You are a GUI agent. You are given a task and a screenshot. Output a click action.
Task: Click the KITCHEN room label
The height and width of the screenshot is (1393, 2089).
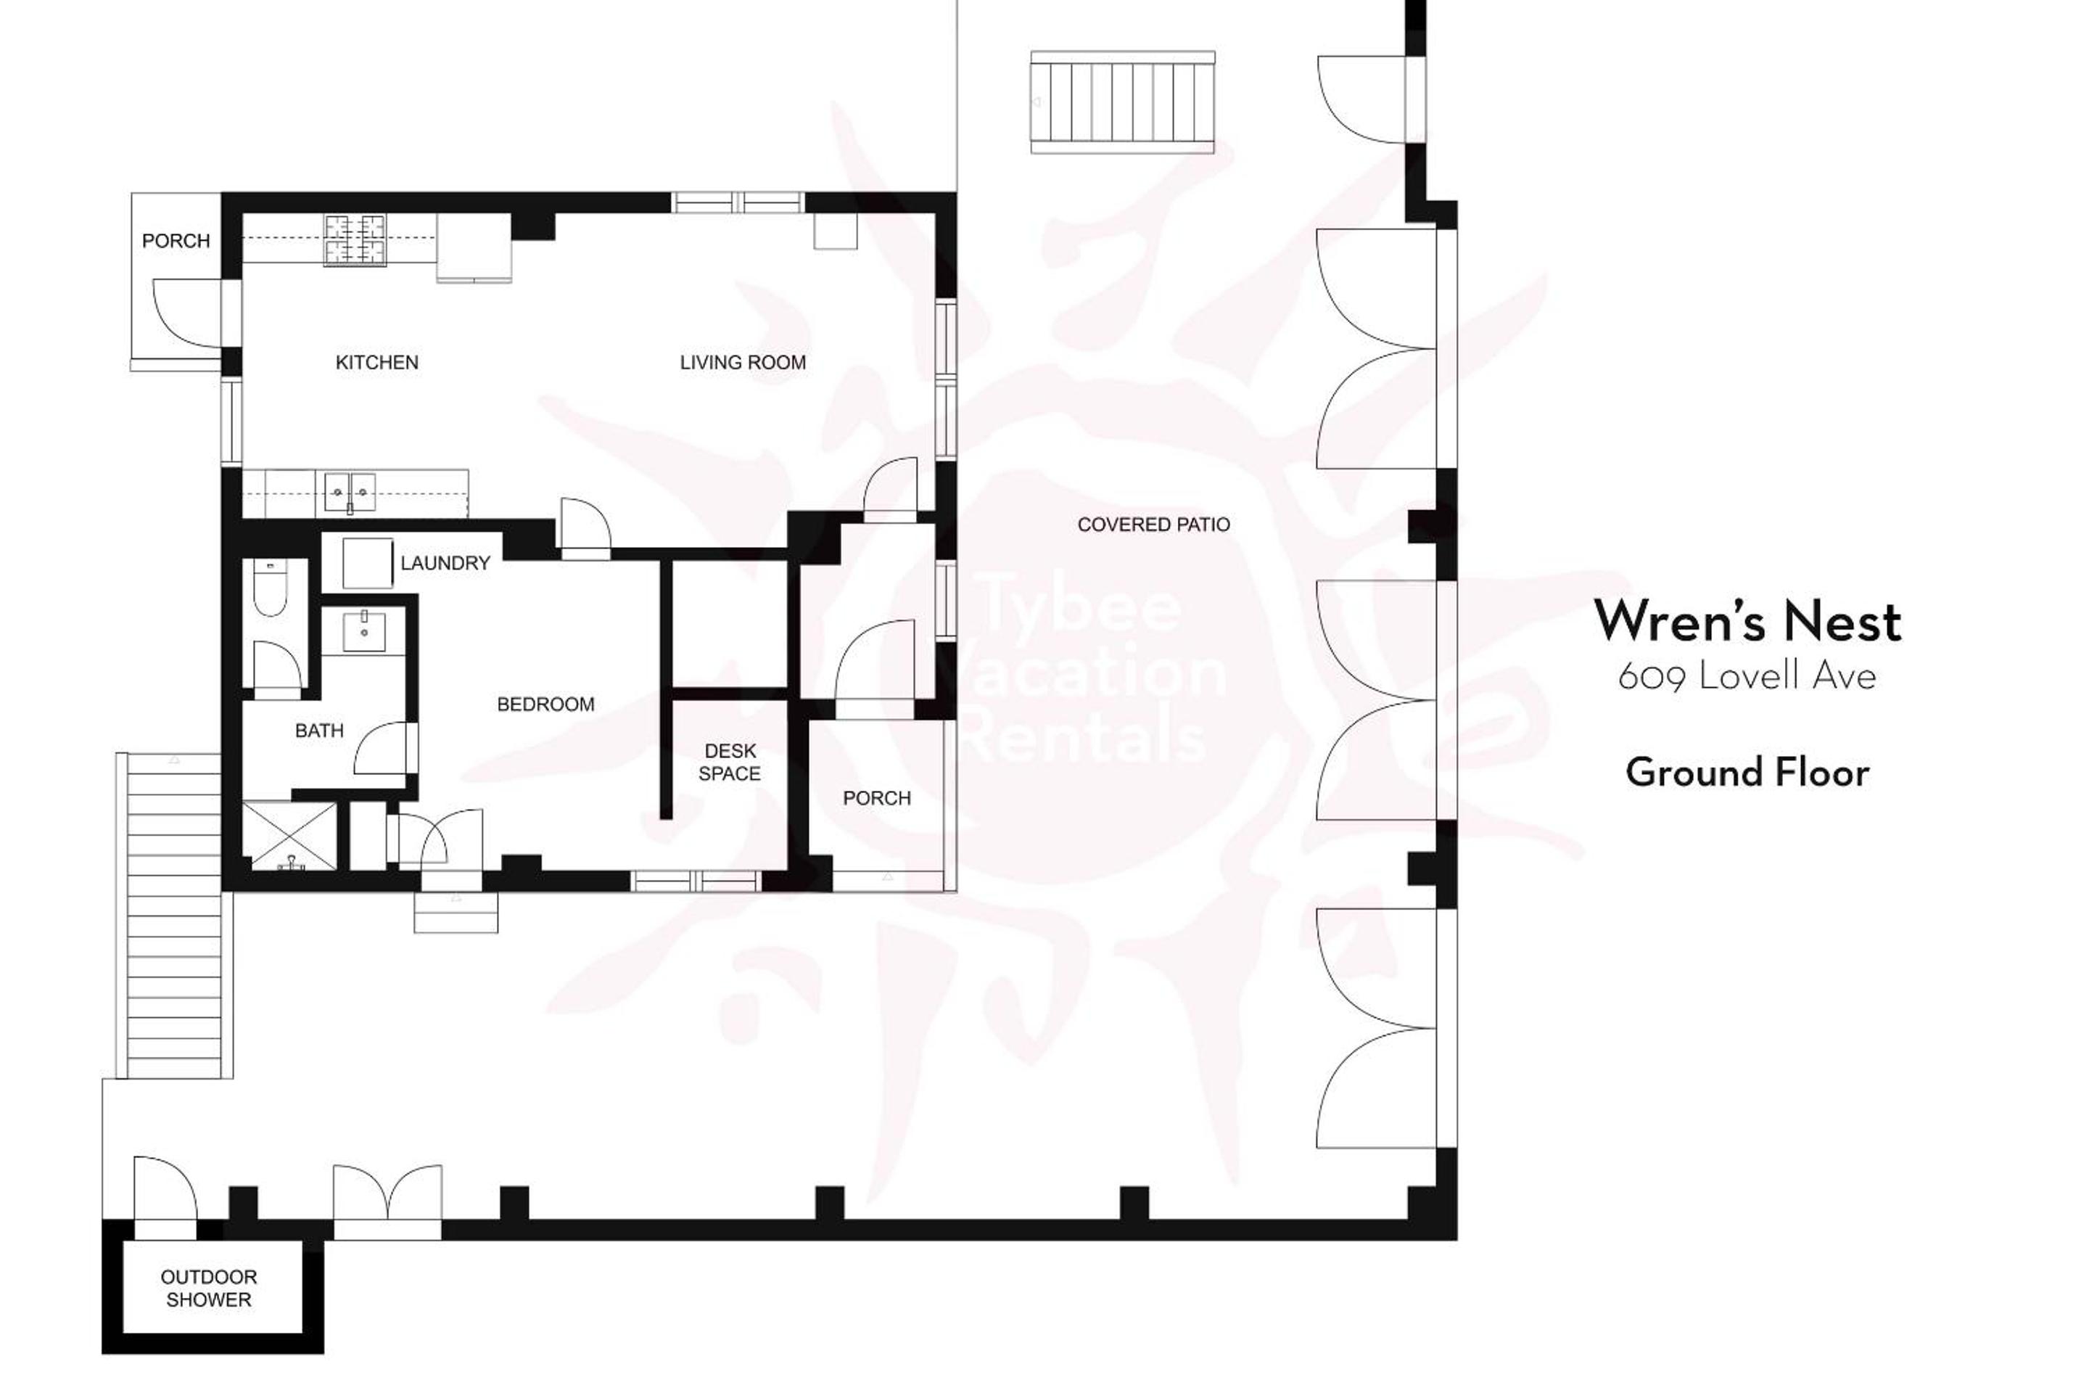click(x=376, y=363)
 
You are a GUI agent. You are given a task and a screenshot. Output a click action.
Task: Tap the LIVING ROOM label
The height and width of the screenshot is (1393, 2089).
click(x=743, y=363)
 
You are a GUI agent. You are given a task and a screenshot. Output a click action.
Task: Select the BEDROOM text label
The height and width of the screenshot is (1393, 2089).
click(x=545, y=704)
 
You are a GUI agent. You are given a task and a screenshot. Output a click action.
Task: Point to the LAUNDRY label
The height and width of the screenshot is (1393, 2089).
click(x=445, y=563)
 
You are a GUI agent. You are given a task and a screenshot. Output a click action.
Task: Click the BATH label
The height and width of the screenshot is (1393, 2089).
click(x=319, y=731)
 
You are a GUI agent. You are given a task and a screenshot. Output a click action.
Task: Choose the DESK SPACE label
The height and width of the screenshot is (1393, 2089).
click(x=729, y=763)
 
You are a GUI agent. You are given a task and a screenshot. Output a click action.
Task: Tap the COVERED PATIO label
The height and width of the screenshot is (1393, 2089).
click(x=1154, y=525)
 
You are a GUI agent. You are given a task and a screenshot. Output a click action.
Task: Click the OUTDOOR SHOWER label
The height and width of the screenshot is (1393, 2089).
click(x=209, y=1289)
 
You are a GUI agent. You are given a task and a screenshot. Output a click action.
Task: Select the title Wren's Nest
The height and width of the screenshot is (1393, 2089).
click(x=1747, y=621)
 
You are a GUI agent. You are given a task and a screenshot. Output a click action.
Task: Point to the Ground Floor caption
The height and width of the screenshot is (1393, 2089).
click(x=1747, y=773)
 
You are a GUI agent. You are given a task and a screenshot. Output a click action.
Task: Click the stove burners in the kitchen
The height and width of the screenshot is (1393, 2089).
click(x=355, y=241)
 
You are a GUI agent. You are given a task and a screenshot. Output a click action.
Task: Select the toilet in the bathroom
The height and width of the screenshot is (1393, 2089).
click(x=268, y=588)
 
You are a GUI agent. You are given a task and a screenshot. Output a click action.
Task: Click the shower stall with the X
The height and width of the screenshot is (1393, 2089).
click(x=289, y=836)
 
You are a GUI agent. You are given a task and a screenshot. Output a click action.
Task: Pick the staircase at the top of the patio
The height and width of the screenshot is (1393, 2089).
click(x=1123, y=102)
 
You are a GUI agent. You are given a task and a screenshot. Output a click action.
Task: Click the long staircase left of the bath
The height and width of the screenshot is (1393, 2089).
click(x=174, y=916)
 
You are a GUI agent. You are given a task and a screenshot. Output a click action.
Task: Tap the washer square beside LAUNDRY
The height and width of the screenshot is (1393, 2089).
click(x=368, y=562)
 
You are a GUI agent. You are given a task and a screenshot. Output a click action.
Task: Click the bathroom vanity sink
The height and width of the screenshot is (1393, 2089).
click(x=364, y=630)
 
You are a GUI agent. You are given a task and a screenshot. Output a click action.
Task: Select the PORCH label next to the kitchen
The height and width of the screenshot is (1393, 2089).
click(x=176, y=241)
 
